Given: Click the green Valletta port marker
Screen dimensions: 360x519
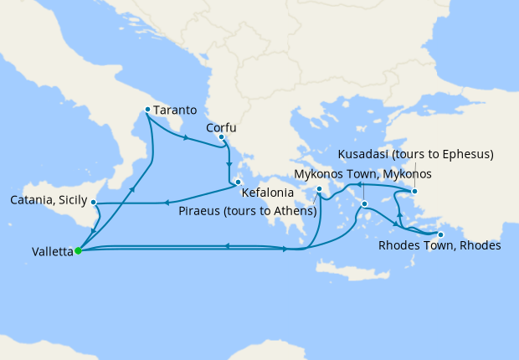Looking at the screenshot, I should pyautogui.click(x=77, y=250).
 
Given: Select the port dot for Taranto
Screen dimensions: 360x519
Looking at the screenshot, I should pyautogui.click(x=147, y=109).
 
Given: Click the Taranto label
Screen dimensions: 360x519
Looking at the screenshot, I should pyautogui.click(x=176, y=110).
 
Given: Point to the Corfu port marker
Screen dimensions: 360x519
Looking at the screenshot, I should pyautogui.click(x=221, y=136).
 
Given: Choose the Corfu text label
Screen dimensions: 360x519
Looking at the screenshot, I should pyautogui.click(x=222, y=128).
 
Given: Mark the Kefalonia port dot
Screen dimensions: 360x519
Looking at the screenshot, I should pyautogui.click(x=238, y=182).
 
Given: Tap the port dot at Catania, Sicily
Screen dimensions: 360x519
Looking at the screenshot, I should pyautogui.click(x=94, y=203).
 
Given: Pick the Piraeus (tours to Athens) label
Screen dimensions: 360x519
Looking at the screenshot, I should pyautogui.click(x=248, y=209).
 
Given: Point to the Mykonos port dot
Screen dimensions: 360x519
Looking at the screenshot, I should pyautogui.click(x=363, y=203).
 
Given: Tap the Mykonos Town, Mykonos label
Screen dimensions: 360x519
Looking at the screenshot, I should pyautogui.click(x=363, y=174).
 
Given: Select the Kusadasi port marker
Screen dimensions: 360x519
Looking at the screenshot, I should pyautogui.click(x=414, y=192).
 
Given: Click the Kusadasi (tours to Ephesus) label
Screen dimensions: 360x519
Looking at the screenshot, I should pyautogui.click(x=415, y=155).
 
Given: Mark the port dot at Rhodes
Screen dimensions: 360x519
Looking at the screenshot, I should pyautogui.click(x=441, y=234).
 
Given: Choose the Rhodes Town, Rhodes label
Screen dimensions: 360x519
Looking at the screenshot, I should pyautogui.click(x=439, y=246).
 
